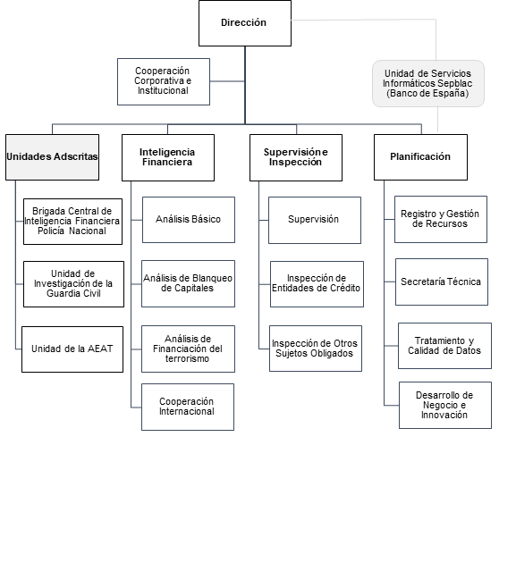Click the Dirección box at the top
tap(245, 23)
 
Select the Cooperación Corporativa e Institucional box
tap(164, 82)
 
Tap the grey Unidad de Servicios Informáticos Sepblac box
tap(428, 84)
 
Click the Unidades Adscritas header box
tap(52, 157)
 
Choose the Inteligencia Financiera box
tap(168, 157)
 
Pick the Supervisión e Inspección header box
tap(296, 157)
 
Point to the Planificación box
tap(420, 157)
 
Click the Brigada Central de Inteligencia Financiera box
tap(72, 222)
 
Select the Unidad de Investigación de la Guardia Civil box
tap(73, 284)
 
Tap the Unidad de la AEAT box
tap(72, 349)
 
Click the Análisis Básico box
tap(189, 220)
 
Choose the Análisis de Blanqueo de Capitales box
tap(188, 283)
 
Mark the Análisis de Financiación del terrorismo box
tap(188, 349)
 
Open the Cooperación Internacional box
tap(188, 408)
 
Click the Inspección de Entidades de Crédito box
tap(317, 284)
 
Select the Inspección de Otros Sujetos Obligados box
tap(316, 349)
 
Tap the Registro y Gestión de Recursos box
tap(441, 219)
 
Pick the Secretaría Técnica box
tap(442, 281)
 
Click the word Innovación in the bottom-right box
tap(444, 415)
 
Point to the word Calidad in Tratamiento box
tap(422, 350)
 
